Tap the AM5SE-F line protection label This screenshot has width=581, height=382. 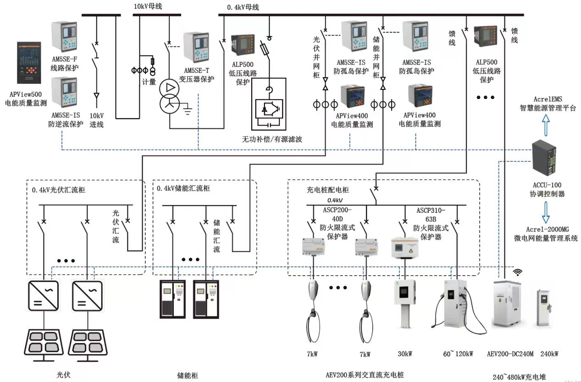coord(64,64)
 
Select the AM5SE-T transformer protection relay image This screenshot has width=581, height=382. coord(196,47)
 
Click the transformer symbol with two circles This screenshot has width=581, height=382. coord(170,96)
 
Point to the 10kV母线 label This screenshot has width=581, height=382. coord(148,6)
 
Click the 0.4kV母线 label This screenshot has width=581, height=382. coord(243,7)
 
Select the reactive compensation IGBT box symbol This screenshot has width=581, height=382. coord(268,104)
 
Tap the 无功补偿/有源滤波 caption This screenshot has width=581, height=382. coord(272,139)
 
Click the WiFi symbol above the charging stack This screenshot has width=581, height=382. coord(518,272)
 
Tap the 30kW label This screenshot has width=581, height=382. coord(405,354)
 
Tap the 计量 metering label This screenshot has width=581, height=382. coord(149,82)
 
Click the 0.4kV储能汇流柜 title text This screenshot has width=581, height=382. coord(182,188)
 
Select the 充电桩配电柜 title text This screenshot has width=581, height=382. coord(327,189)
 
